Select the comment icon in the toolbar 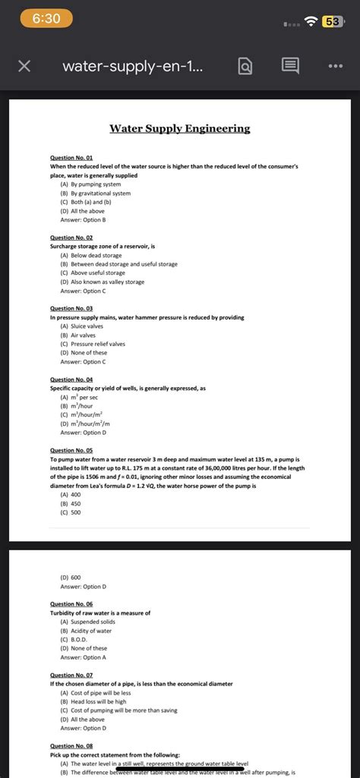click(x=289, y=67)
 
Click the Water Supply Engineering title click(x=180, y=128)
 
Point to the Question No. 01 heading click(x=71, y=157)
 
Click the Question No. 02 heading click(x=71, y=238)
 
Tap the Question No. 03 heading click(x=71, y=309)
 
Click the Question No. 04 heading click(x=71, y=380)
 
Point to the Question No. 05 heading click(x=71, y=450)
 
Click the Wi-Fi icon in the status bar click(x=309, y=19)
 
